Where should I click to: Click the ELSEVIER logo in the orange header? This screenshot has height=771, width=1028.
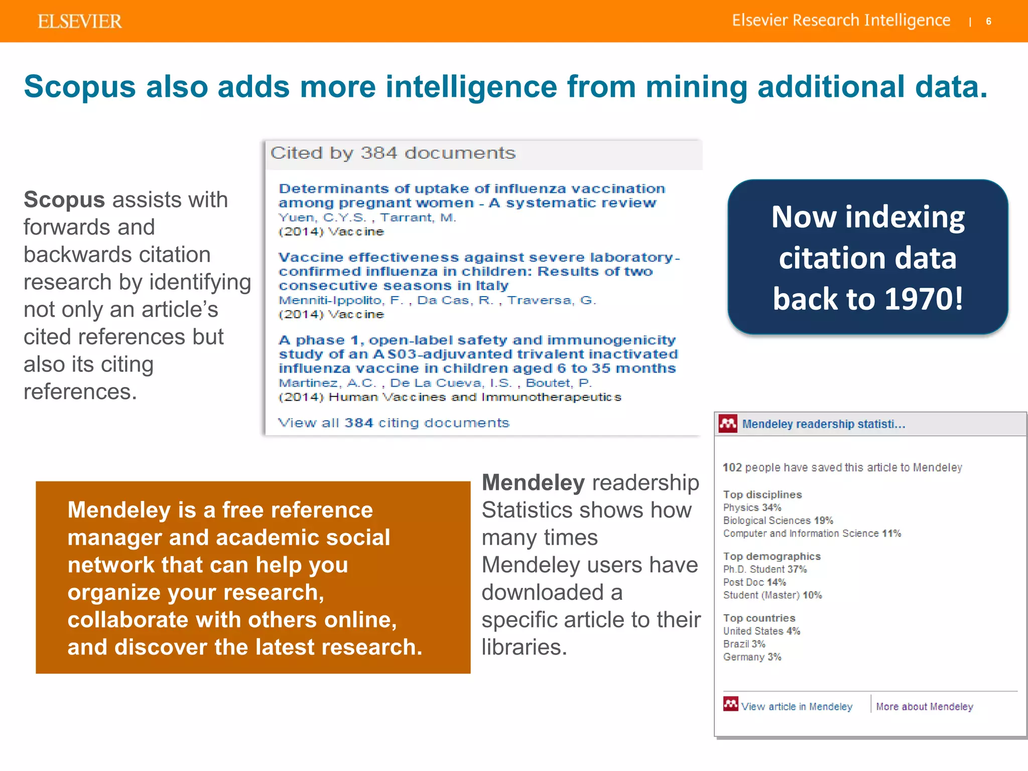click(79, 22)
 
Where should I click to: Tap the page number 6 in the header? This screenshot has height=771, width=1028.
click(988, 22)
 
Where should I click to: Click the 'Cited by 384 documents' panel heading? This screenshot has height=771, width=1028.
click(393, 153)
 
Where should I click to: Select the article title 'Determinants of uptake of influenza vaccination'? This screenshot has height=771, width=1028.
click(471, 189)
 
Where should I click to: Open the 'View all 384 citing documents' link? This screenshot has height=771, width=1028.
click(394, 423)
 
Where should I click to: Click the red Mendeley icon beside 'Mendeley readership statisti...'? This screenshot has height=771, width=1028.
click(727, 424)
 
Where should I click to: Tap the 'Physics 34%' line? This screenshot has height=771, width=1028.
click(752, 507)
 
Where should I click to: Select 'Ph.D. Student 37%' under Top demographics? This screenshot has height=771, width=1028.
click(764, 569)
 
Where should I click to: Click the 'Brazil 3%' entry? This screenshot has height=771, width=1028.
click(744, 644)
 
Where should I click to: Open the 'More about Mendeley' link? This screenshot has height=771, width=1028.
click(924, 707)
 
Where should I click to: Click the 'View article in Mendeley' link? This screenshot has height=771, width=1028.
click(796, 707)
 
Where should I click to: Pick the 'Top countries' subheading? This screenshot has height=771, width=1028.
click(759, 618)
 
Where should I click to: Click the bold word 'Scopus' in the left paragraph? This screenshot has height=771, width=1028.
click(64, 200)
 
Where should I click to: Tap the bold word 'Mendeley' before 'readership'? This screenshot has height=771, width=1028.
click(533, 483)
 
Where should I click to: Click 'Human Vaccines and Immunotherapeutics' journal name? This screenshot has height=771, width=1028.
click(475, 397)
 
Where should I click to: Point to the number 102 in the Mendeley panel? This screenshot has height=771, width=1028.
click(732, 467)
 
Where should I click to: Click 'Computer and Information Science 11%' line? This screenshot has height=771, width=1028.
click(812, 534)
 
